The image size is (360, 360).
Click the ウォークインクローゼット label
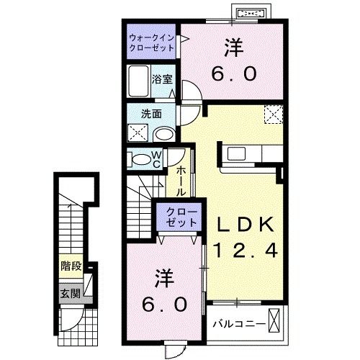point(152,42)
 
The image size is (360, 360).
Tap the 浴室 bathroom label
point(163,78)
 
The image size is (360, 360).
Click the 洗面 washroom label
point(150,114)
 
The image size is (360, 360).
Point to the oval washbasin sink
point(163,134)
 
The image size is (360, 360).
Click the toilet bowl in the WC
point(139,158)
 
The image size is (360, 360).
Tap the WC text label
point(156,160)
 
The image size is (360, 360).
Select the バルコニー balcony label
point(238,324)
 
